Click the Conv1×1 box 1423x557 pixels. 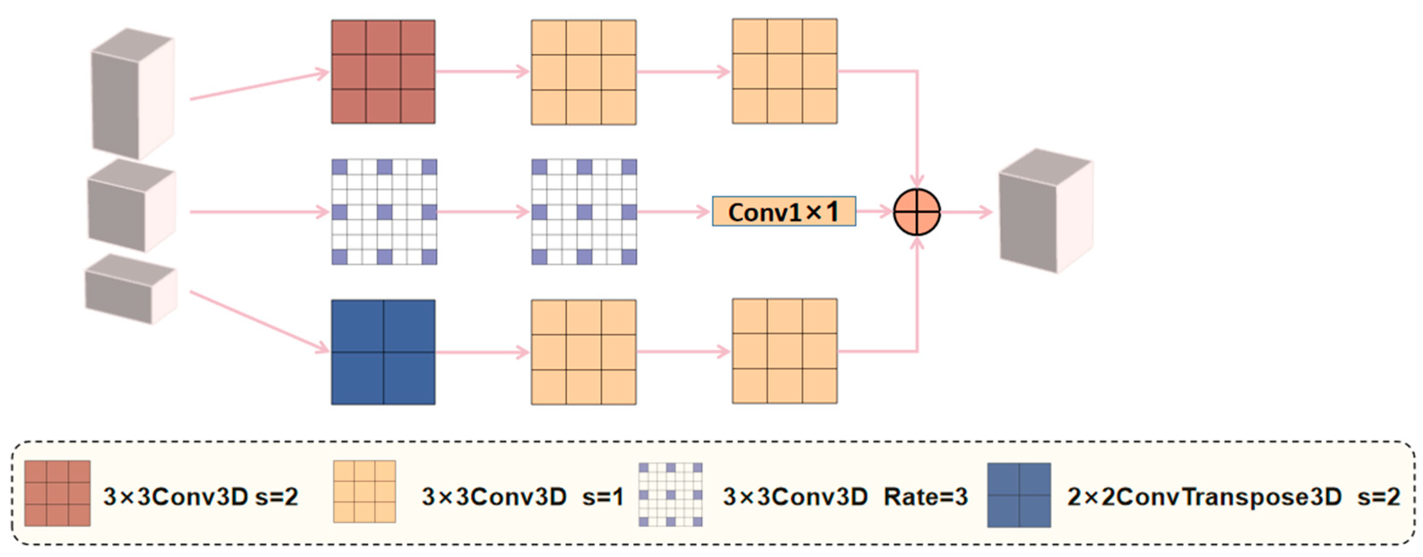(x=784, y=212)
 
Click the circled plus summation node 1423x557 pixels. (x=917, y=212)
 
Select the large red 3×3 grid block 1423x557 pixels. (x=383, y=72)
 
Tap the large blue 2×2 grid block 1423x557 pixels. (x=383, y=352)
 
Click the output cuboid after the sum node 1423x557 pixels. (x=1045, y=211)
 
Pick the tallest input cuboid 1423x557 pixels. (x=133, y=94)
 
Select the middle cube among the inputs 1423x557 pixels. (x=131, y=206)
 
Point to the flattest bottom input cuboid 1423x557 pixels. (x=131, y=289)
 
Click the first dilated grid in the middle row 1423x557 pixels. (x=385, y=212)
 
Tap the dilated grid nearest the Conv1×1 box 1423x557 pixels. (x=584, y=212)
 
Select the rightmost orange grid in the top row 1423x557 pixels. (x=784, y=71)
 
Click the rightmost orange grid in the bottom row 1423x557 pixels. (x=784, y=351)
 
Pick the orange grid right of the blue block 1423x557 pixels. (x=584, y=352)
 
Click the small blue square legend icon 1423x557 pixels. (x=1019, y=495)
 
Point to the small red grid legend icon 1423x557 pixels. (x=57, y=493)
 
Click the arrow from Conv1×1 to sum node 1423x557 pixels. (x=874, y=211)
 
